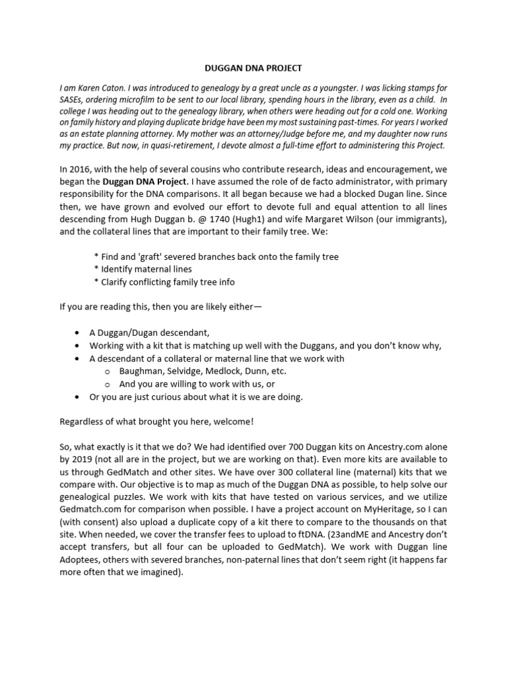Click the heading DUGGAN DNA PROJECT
pyautogui.click(x=253, y=68)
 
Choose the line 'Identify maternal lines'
pyautogui.click(x=143, y=269)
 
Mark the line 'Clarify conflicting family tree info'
pyautogui.click(x=164, y=282)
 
